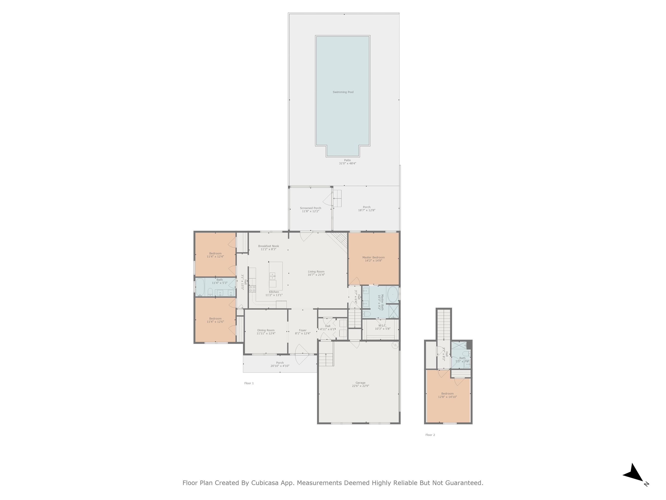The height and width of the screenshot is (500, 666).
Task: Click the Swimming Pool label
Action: (x=343, y=92)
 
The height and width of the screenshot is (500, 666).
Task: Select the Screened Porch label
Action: (x=310, y=208)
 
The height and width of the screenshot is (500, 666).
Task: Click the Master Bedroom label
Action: (x=373, y=257)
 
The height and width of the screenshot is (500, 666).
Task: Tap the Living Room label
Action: (x=316, y=271)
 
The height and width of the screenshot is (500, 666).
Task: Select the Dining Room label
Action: (x=266, y=330)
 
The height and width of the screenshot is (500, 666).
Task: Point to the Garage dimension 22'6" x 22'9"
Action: (x=360, y=386)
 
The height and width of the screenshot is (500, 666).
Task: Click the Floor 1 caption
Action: (x=249, y=383)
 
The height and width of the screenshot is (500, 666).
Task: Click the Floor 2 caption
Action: (x=430, y=435)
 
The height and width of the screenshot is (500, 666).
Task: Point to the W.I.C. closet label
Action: (x=382, y=326)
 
